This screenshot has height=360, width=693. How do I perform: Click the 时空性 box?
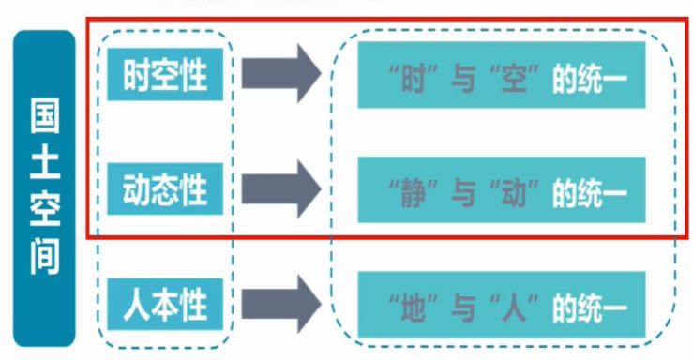click(163, 72)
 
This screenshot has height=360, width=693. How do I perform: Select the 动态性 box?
click(163, 187)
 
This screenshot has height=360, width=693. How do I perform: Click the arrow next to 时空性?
click(281, 73)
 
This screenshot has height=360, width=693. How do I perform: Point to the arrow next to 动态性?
click(281, 187)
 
